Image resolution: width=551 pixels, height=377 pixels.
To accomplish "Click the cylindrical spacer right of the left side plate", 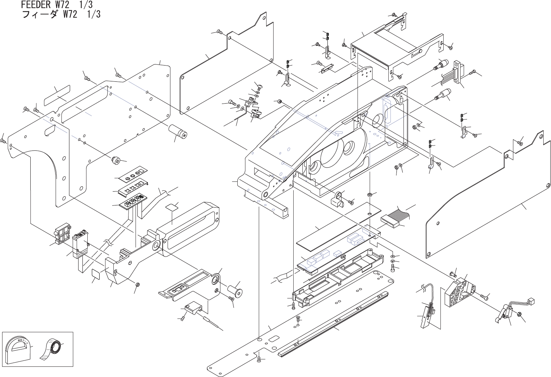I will point(178,132).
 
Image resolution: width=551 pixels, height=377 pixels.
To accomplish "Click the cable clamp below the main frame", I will point(338,200).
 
